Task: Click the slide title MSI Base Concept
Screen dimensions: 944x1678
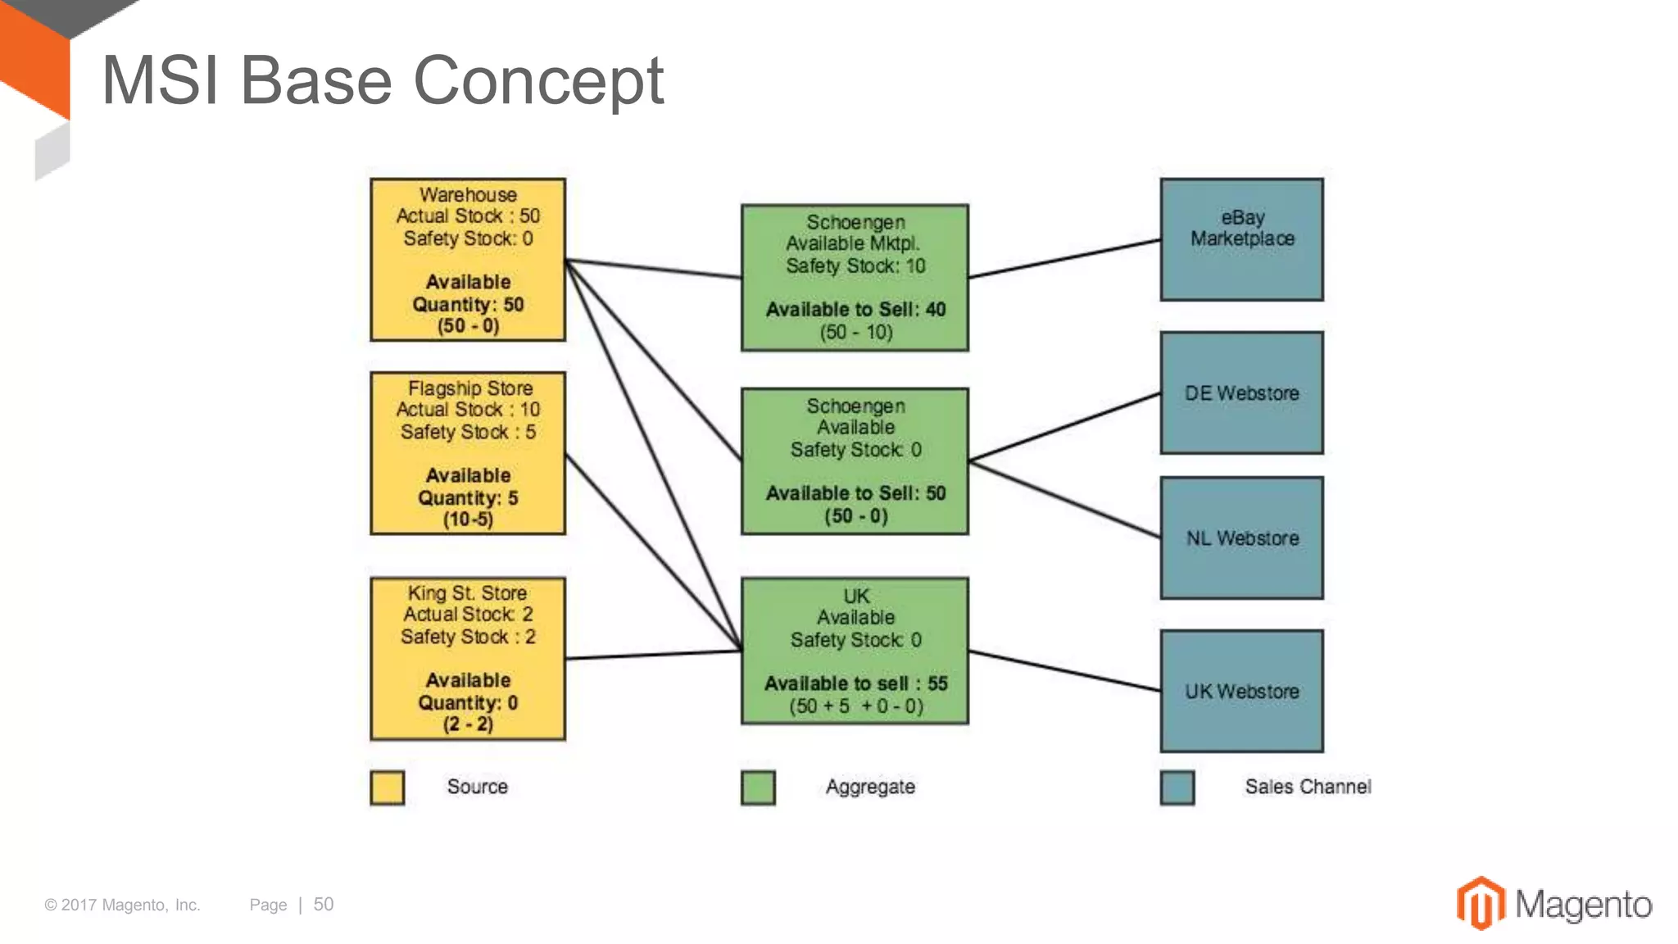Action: click(382, 80)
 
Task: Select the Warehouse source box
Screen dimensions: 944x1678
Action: click(468, 260)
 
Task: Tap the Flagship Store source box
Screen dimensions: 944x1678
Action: click(468, 453)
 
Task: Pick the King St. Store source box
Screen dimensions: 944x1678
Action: click(468, 659)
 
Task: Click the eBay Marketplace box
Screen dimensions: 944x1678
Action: click(1241, 239)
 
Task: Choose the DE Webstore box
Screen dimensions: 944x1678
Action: click(1241, 393)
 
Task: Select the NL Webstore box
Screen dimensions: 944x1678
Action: click(1241, 538)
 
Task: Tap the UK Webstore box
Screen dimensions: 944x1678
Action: click(1241, 691)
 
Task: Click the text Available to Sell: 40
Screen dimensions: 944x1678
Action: click(855, 310)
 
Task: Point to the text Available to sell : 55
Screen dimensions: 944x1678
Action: click(855, 683)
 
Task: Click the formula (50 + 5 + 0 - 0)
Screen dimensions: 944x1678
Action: click(855, 706)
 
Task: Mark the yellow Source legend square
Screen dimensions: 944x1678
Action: click(387, 787)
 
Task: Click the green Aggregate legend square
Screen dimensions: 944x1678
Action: click(758, 787)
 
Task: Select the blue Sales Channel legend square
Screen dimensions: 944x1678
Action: click(1177, 787)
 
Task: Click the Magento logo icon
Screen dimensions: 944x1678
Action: click(1481, 904)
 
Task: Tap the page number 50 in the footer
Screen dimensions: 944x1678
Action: click(324, 905)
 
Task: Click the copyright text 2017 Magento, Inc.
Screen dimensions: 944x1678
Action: click(123, 905)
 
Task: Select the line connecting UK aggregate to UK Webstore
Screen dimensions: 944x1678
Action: click(1065, 671)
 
